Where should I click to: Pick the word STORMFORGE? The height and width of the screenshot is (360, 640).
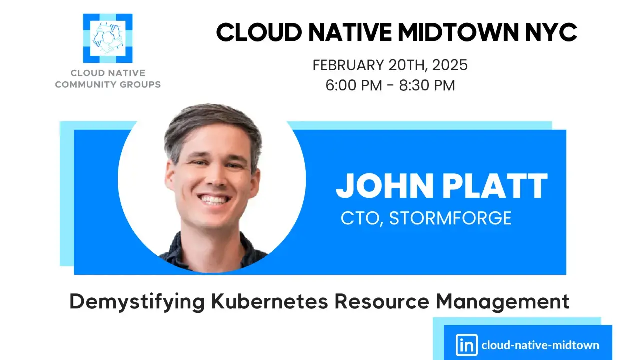coord(450,218)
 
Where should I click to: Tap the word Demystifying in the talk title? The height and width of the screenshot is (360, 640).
coord(137,302)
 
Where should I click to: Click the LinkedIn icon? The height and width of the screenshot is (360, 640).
coord(466,345)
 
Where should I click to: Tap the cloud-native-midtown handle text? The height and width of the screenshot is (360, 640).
coord(540,345)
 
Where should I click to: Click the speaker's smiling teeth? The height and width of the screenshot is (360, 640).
coord(213,200)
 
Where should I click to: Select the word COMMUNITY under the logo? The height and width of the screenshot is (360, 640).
coord(83,84)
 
